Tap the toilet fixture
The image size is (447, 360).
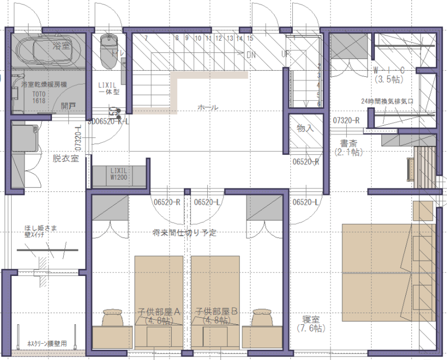pos(108,51)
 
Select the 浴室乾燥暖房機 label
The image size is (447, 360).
pos(44,84)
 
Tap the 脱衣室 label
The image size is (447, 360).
pos(66,158)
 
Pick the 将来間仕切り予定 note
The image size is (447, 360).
pos(184,233)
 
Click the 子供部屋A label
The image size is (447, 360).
pos(159,311)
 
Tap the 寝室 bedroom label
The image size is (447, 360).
pos(311,320)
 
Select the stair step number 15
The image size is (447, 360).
pos(250,38)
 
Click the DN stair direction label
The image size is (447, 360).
pos(250,54)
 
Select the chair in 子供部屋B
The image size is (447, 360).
pos(263,318)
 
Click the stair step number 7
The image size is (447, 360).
pos(146,38)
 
